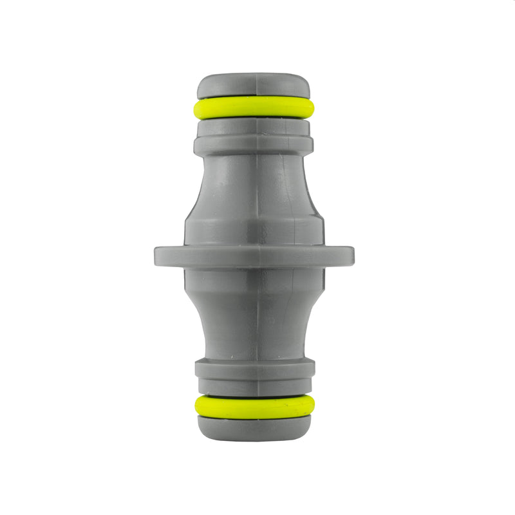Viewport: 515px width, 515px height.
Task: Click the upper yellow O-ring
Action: pos(254,108)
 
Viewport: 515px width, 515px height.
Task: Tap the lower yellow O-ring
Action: pos(254,407)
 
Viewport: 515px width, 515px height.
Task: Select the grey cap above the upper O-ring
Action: pos(254,86)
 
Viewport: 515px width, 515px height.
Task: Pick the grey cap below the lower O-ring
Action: pos(254,428)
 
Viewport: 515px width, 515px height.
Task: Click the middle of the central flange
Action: pos(254,256)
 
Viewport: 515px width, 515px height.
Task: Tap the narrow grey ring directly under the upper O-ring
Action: pos(254,125)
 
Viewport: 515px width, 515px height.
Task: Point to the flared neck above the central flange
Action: pos(254,183)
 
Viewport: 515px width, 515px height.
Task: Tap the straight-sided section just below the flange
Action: pos(254,283)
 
